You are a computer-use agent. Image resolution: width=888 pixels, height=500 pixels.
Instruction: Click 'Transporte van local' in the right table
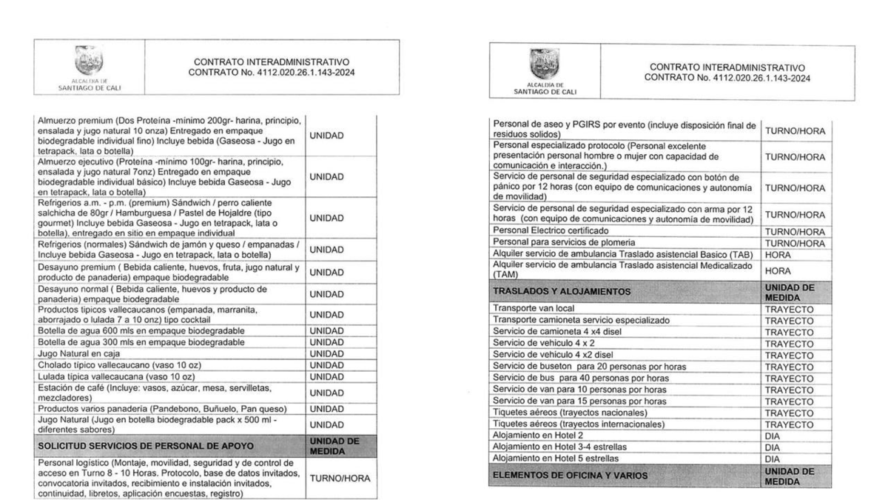(x=533, y=308)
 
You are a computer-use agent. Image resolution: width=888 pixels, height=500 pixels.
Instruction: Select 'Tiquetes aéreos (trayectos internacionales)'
(x=579, y=424)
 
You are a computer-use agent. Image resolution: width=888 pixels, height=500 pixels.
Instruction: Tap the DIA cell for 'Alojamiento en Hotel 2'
(x=773, y=436)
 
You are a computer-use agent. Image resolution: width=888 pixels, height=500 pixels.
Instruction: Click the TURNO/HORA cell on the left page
(x=338, y=479)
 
